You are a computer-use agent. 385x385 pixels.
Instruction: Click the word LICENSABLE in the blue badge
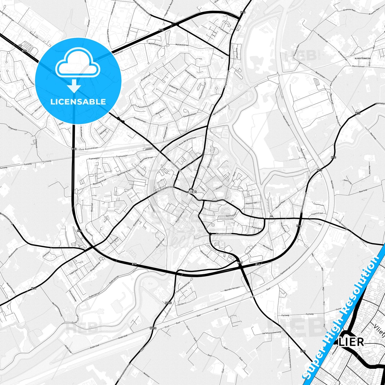pos(78,102)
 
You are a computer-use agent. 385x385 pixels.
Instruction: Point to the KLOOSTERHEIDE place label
pos(363,58)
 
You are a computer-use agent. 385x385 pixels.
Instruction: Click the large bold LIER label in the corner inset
pos(351,342)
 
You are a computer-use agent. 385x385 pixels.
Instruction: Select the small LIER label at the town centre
pos(192,192)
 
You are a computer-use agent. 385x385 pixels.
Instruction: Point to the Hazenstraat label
pos(251,203)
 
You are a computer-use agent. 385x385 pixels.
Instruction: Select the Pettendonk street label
pos(257,228)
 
